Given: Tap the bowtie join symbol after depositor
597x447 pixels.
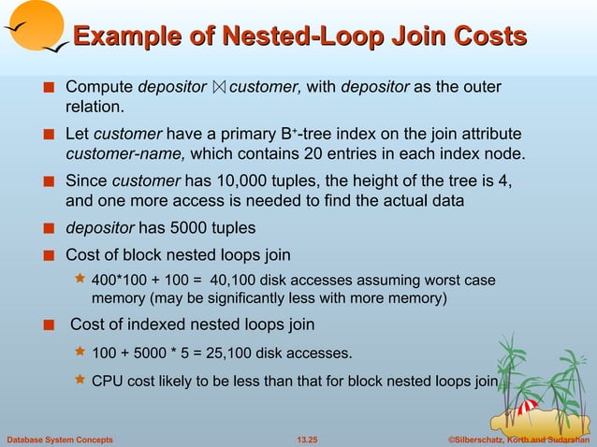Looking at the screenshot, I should pos(219,88).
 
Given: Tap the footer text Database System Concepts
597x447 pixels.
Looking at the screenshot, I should pos(60,439).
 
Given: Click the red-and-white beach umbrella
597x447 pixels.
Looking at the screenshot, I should pos(527,406).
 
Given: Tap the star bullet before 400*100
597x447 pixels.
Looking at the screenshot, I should pos(80,280).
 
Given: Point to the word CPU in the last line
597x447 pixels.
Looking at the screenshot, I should pos(106,381).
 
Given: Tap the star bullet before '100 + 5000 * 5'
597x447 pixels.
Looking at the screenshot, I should pos(80,353).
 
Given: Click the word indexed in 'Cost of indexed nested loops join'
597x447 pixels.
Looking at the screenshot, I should pos(146,324).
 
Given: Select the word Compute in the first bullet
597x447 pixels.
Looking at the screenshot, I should pos(99,88).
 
